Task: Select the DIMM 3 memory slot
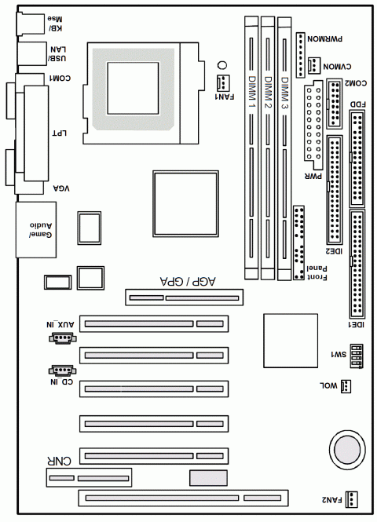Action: click(285, 149)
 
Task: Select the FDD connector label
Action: click(357, 104)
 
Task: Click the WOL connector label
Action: click(329, 385)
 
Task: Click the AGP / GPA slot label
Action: click(188, 281)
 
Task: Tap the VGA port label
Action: click(61, 188)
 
